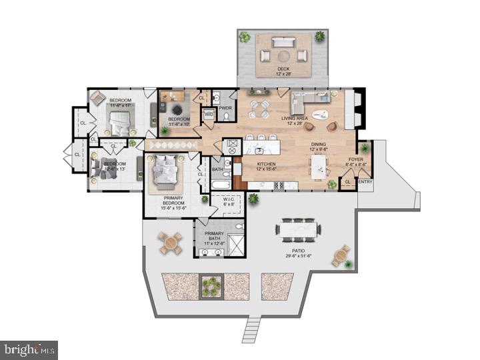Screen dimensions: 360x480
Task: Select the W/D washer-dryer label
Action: point(209,114)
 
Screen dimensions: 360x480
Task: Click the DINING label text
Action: point(319,144)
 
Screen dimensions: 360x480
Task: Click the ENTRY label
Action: point(365,181)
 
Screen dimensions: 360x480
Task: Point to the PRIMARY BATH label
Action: point(214,235)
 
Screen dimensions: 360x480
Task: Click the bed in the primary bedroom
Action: point(165,173)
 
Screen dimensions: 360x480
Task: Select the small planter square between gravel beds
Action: point(211,286)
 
